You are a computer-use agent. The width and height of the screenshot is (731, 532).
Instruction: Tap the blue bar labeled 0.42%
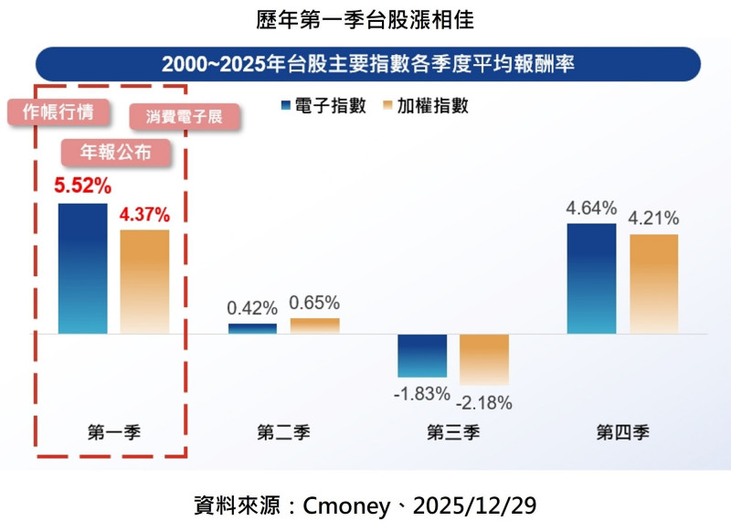(x=252, y=329)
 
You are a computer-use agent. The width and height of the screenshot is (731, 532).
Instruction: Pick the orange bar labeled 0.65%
(x=314, y=326)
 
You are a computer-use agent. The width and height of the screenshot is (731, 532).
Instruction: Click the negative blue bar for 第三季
(x=422, y=356)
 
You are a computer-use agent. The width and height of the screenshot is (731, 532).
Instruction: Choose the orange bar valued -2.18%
(x=484, y=359)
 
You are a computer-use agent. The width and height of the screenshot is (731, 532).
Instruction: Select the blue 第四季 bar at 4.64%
(x=592, y=279)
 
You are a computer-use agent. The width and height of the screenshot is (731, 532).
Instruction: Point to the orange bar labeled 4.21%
(x=654, y=284)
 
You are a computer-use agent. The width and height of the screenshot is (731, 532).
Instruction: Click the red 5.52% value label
(x=82, y=186)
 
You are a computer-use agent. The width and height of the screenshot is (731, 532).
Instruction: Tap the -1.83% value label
(x=422, y=394)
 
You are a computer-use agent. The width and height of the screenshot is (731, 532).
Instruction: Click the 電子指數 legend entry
(x=324, y=106)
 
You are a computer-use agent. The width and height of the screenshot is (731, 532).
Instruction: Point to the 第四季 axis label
(x=623, y=432)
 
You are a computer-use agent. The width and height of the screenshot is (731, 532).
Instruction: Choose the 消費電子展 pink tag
(x=184, y=116)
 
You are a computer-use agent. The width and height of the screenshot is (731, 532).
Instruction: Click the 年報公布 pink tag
(x=116, y=151)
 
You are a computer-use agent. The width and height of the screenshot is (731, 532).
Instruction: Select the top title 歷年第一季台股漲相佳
(x=365, y=17)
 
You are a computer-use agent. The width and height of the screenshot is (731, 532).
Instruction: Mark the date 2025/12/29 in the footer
(x=480, y=505)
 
